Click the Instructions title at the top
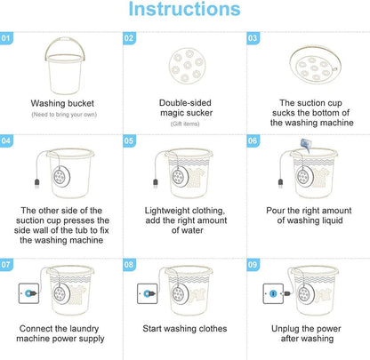pyautogui.click(x=184, y=12)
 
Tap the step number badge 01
pyautogui.click(x=7, y=38)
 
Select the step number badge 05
pyautogui.click(x=131, y=140)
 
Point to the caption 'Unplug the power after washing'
pyautogui.click(x=307, y=334)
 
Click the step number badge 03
pyautogui.click(x=253, y=38)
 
